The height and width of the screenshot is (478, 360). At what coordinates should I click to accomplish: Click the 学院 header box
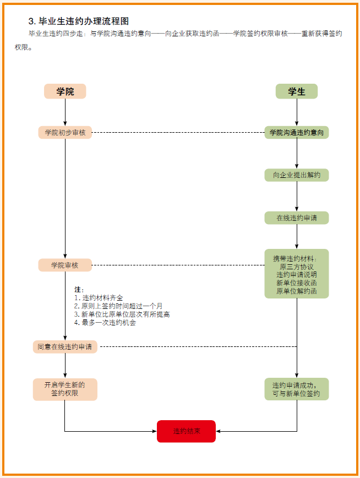click(x=65, y=91)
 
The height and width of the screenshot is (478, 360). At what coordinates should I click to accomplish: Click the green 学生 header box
click(x=297, y=91)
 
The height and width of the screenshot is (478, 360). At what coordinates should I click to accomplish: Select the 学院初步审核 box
click(x=65, y=132)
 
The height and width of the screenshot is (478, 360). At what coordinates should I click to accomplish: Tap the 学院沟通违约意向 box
click(x=297, y=132)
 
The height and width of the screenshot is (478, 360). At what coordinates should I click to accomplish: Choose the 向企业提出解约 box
click(x=297, y=175)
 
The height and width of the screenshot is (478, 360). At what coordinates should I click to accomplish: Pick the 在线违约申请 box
click(x=297, y=218)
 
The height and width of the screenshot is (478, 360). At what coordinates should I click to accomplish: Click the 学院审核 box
click(x=65, y=265)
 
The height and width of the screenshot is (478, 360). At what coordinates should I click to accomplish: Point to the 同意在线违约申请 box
click(x=65, y=347)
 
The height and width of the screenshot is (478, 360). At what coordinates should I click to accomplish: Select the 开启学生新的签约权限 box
click(x=65, y=389)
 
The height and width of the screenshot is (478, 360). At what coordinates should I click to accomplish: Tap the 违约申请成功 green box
click(x=297, y=389)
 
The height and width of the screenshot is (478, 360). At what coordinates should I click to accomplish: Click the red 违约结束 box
click(x=186, y=431)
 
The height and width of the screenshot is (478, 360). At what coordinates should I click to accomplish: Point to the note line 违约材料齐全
click(x=99, y=298)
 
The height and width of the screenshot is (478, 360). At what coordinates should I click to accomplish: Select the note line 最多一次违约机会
click(x=105, y=323)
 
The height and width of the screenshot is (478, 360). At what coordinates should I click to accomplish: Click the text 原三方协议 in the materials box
click(x=297, y=267)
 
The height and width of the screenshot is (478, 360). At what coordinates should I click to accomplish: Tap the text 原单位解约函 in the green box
click(x=297, y=291)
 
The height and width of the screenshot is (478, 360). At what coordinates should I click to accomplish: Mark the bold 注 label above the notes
click(x=78, y=290)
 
